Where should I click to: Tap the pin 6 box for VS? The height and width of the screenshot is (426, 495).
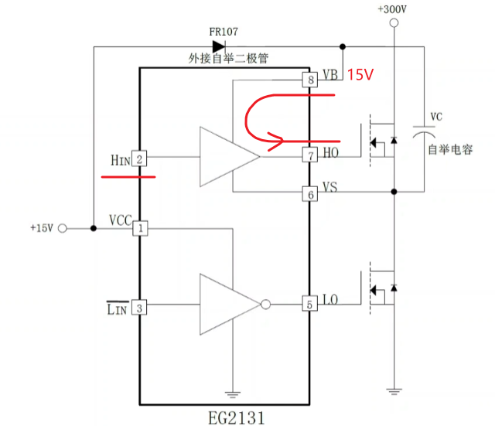tap(310, 194)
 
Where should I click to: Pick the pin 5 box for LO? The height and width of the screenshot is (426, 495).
tap(310, 304)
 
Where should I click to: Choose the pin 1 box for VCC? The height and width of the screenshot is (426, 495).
tap(140, 228)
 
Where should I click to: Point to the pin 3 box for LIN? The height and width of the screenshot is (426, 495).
tap(140, 308)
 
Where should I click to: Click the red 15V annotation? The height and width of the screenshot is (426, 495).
tap(360, 75)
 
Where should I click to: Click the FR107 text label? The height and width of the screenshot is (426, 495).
tap(224, 32)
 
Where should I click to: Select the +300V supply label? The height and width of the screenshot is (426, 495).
tap(392, 9)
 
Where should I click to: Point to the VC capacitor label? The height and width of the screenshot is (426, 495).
tap(436, 117)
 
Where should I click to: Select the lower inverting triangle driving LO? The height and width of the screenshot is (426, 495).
tap(227, 304)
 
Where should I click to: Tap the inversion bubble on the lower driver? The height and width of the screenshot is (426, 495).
tap(265, 304)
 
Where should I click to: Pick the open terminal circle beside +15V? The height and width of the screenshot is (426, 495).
tap(63, 228)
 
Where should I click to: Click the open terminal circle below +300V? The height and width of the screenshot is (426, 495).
tap(394, 23)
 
